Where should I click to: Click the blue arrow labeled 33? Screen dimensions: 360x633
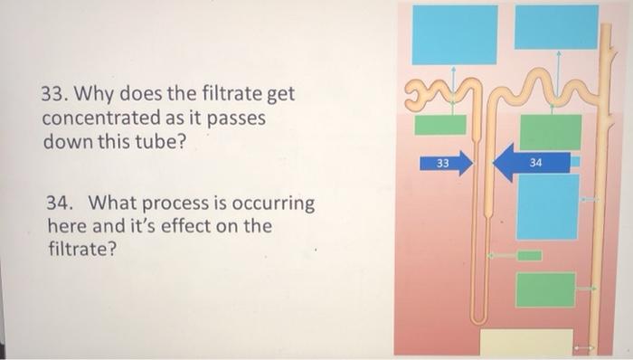coord(447,164)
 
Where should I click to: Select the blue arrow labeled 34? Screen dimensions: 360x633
coord(533,163)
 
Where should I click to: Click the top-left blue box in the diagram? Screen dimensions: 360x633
coord(455,34)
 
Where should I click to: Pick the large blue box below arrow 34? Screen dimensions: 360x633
coord(547,206)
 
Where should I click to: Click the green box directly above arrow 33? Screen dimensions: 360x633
coord(440,125)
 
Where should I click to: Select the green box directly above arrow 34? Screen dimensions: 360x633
coord(550,132)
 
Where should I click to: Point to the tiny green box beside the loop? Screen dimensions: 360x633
coord(529,256)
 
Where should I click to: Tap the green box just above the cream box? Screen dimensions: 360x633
coord(545,289)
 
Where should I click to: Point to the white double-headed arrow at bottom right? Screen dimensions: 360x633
coord(583,346)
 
